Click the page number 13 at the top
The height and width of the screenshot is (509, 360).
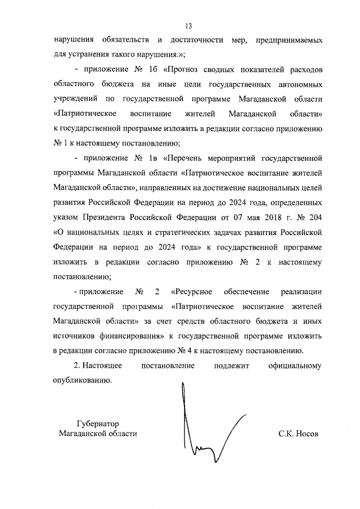(x=188, y=26)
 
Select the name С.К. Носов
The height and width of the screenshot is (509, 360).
(x=298, y=434)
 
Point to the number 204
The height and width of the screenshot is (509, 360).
(x=314, y=217)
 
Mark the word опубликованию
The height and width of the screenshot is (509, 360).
(x=82, y=380)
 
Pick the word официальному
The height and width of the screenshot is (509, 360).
(x=295, y=366)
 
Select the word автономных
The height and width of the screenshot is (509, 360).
(x=296, y=84)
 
